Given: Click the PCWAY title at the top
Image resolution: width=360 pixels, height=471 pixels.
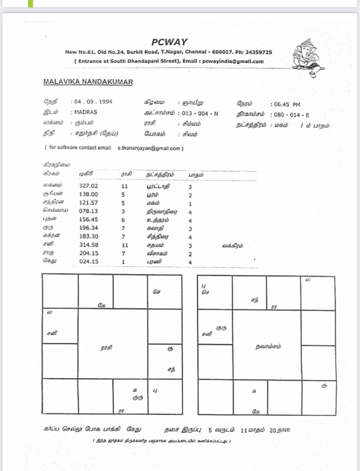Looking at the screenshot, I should [x=170, y=42].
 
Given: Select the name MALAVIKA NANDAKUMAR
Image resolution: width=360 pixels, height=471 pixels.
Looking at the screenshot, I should [x=88, y=82].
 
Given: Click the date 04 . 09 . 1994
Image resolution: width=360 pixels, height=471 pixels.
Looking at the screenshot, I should [x=93, y=102].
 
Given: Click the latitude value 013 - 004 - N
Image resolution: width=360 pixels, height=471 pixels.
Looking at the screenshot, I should [x=200, y=113].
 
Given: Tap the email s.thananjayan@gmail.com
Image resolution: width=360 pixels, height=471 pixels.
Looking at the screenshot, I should [x=149, y=148].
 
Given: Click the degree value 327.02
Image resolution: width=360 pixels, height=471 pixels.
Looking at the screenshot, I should [x=88, y=186].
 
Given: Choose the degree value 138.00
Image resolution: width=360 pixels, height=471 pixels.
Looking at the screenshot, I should [x=88, y=194].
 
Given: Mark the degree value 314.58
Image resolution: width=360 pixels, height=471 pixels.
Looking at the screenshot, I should [x=88, y=245].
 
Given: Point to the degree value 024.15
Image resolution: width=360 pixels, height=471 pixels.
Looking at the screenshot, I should [x=88, y=262].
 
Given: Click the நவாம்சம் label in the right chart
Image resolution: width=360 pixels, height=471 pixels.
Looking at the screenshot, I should [x=268, y=346].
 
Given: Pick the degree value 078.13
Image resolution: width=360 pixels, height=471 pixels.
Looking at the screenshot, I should [x=88, y=211].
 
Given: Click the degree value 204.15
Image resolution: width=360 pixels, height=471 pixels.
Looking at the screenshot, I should [x=88, y=253].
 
